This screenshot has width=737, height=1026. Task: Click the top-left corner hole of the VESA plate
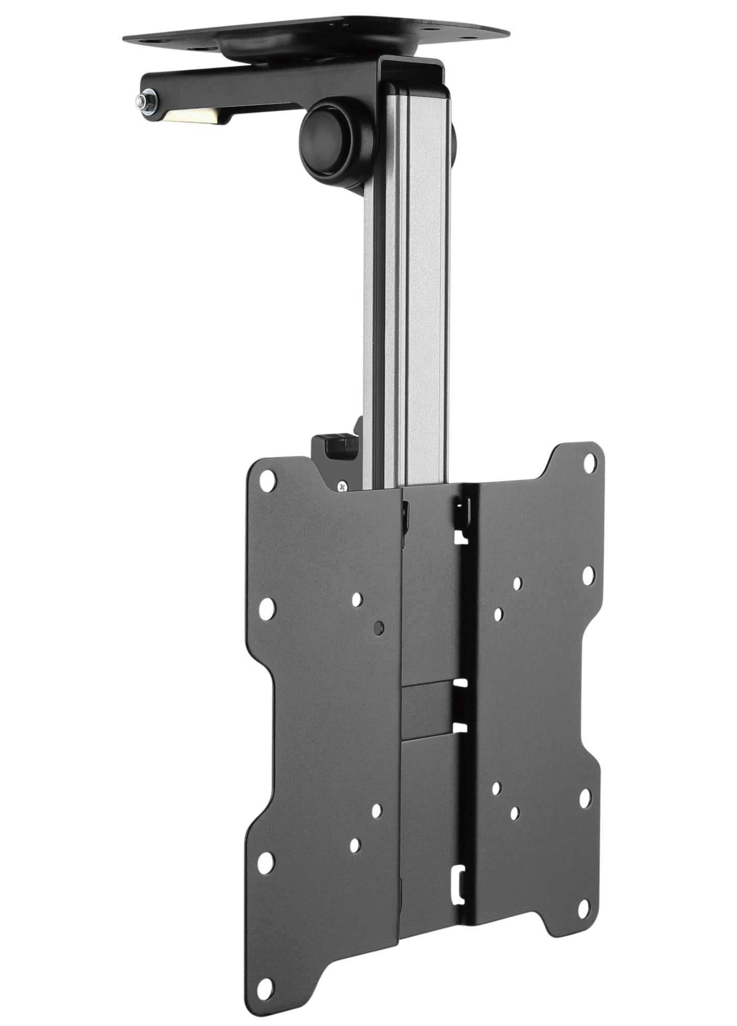(267, 479)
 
